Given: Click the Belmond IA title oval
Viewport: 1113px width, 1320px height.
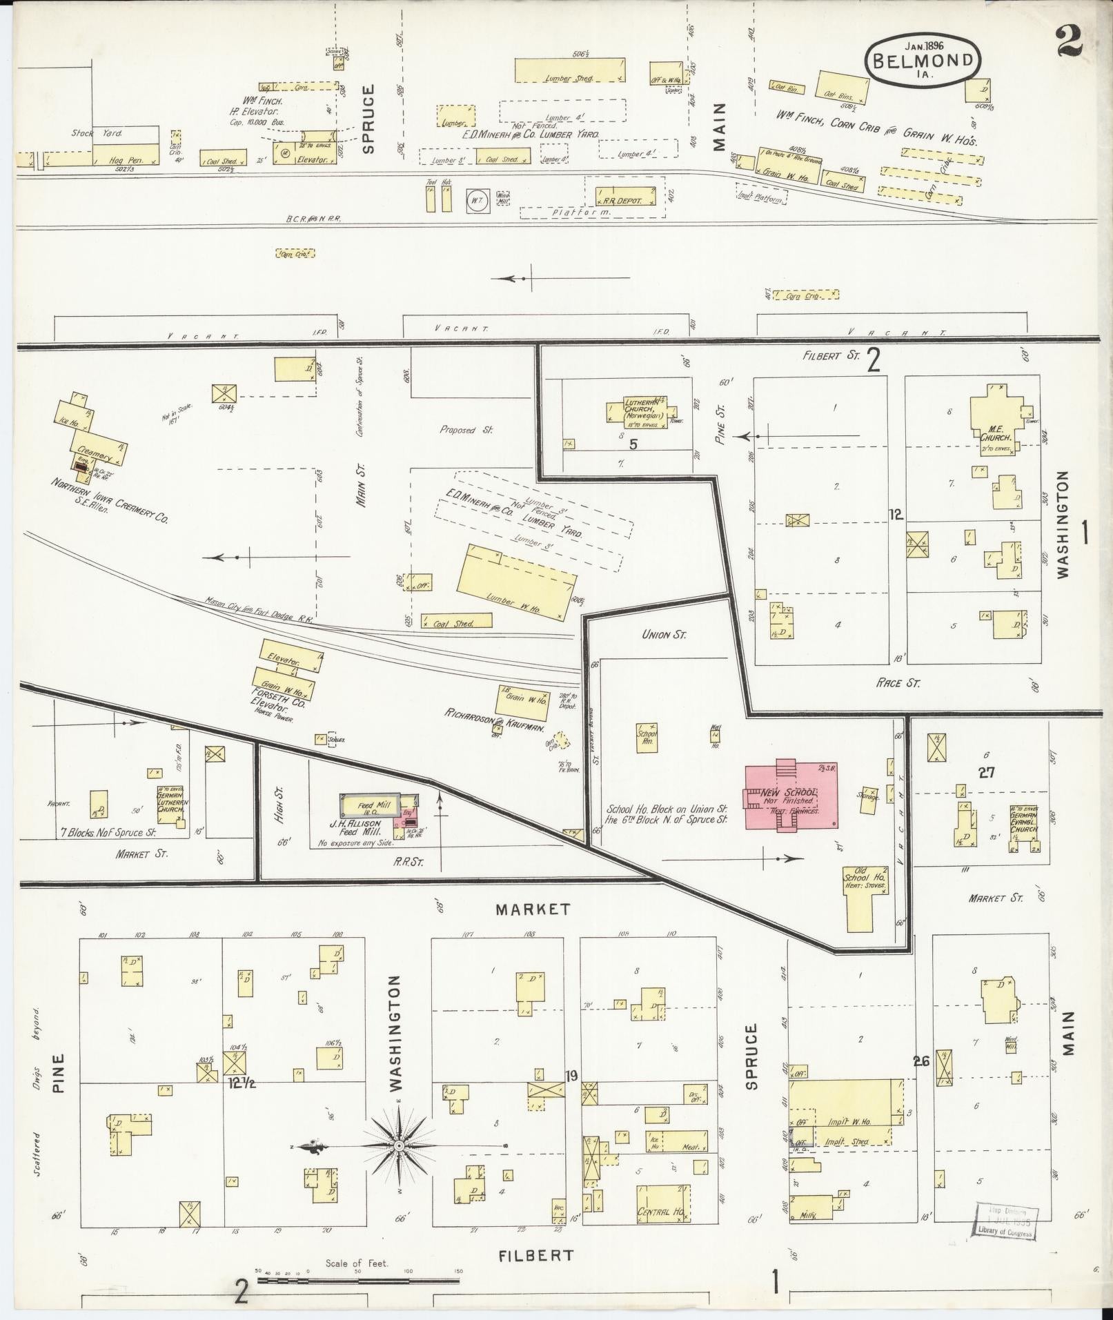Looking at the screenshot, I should point(923,60).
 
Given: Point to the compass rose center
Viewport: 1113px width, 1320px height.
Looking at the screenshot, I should point(398,1146).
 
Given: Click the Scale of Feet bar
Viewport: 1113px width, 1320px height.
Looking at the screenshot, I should point(358,1281).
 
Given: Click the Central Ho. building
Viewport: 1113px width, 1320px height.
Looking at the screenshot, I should point(661,1212).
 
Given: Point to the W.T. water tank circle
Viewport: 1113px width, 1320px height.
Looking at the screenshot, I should point(476,201).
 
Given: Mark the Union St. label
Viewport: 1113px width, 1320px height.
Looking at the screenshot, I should point(664,633).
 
